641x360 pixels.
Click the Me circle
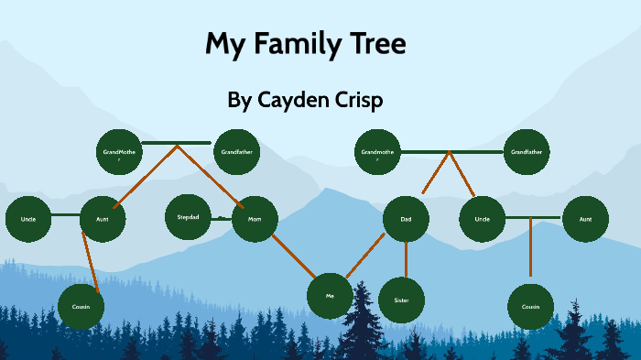(331, 295)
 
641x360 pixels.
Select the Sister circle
(401, 300)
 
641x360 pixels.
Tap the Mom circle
(255, 220)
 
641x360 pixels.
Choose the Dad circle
(406, 220)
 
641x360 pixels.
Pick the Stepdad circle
(188, 217)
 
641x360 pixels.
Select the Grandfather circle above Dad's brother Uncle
(527, 152)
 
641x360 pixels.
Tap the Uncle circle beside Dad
(483, 220)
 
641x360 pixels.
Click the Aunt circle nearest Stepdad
(103, 220)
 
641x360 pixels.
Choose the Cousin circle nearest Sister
(530, 306)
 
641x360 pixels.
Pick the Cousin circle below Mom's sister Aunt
(81, 306)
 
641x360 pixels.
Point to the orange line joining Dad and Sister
(404, 260)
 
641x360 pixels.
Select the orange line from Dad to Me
(365, 255)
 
